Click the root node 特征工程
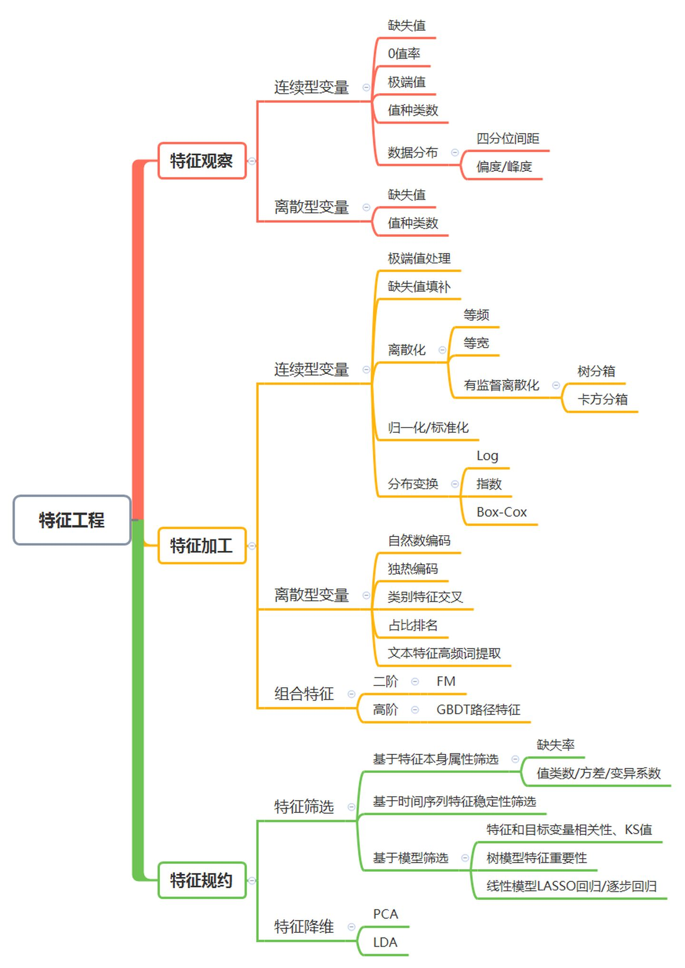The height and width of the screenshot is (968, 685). [x=72, y=520]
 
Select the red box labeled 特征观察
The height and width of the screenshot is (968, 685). [x=202, y=161]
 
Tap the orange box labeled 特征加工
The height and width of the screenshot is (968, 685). [x=202, y=546]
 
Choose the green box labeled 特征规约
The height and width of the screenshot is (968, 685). [x=202, y=880]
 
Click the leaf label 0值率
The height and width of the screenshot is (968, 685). [x=404, y=54]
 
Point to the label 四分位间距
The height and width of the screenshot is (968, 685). [x=508, y=138]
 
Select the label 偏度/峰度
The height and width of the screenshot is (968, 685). [x=504, y=166]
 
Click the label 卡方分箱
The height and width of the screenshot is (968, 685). [x=602, y=399]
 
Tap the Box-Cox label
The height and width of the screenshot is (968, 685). [x=501, y=512]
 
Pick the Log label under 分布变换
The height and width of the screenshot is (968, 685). [x=487, y=456]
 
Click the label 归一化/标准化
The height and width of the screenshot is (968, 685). [x=428, y=428]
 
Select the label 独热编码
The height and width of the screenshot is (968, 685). [x=412, y=568]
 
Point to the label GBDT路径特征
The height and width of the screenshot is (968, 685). [x=478, y=710]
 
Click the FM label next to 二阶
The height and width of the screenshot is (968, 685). [x=446, y=681]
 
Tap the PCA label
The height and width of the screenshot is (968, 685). [x=385, y=914]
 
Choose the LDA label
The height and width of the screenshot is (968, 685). [x=385, y=942]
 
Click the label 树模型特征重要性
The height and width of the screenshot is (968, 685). [x=536, y=858]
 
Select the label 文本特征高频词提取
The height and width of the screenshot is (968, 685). [x=444, y=653]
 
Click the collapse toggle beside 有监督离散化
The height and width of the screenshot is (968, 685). [x=556, y=385]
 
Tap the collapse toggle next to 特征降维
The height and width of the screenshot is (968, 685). [x=352, y=927]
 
